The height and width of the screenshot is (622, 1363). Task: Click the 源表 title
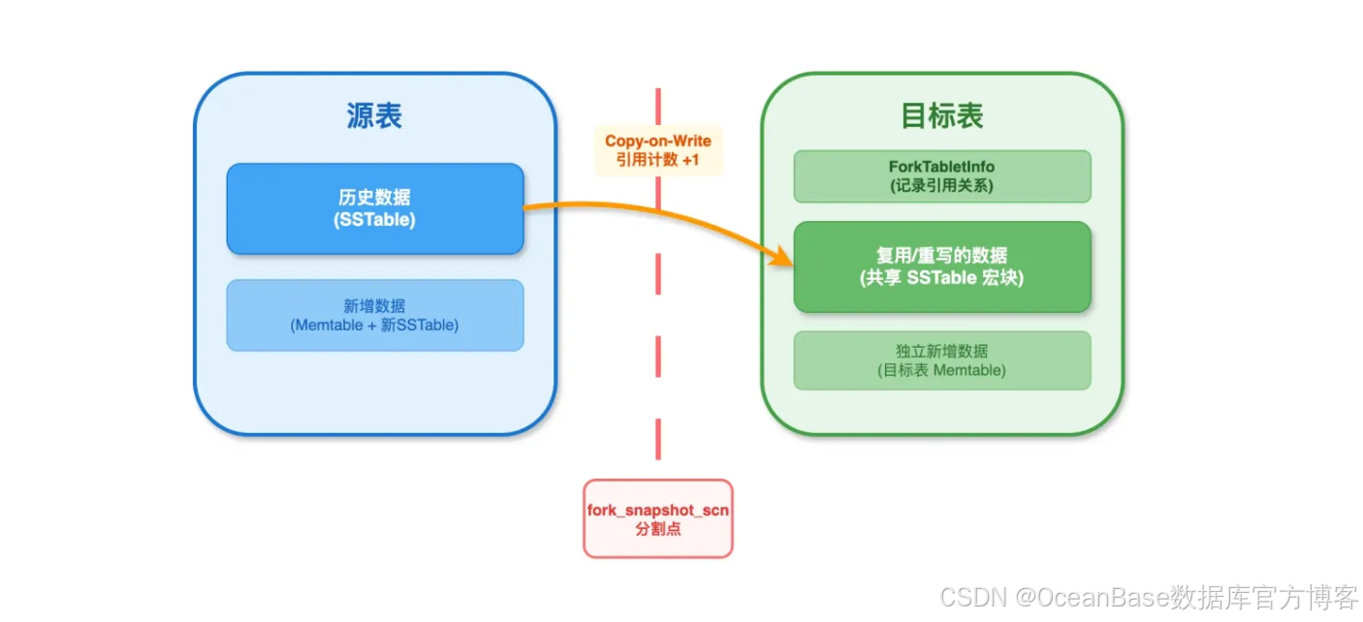(x=374, y=116)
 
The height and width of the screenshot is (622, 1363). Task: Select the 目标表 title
(x=941, y=116)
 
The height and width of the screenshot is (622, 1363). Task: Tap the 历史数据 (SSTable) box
(x=375, y=208)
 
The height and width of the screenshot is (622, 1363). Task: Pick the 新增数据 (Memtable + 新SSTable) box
(x=375, y=315)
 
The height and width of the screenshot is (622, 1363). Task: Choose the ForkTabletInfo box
(x=941, y=176)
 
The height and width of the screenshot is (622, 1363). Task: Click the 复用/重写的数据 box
(x=941, y=266)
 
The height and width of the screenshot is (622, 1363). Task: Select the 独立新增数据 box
(x=941, y=360)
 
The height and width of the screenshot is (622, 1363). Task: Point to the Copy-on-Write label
(x=658, y=141)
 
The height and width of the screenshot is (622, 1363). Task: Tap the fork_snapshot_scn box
(x=657, y=518)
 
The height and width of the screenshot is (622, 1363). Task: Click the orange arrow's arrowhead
(x=783, y=258)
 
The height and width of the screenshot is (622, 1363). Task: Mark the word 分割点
(x=657, y=530)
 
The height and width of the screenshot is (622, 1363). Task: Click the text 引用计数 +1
(x=658, y=160)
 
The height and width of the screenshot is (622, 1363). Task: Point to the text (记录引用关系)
(x=941, y=186)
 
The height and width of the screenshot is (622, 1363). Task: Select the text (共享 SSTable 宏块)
(x=941, y=278)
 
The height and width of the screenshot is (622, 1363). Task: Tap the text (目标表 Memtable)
(x=941, y=370)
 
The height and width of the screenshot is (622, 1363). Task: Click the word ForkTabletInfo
(x=941, y=167)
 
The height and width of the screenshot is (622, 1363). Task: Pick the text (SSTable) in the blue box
(x=375, y=220)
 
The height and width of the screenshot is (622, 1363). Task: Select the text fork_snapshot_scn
(x=657, y=511)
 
